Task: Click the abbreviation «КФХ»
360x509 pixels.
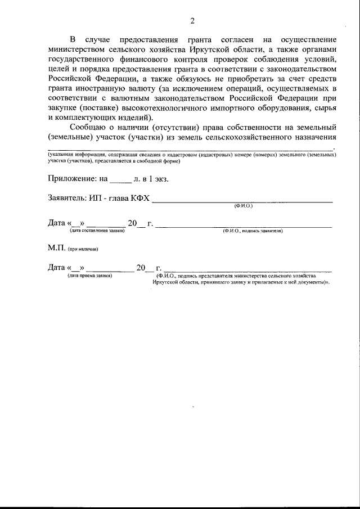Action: pyautogui.click(x=141, y=198)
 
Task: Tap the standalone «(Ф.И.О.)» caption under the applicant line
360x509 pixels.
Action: pyautogui.click(x=243, y=206)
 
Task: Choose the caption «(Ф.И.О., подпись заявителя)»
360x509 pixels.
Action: pyautogui.click(x=252, y=231)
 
